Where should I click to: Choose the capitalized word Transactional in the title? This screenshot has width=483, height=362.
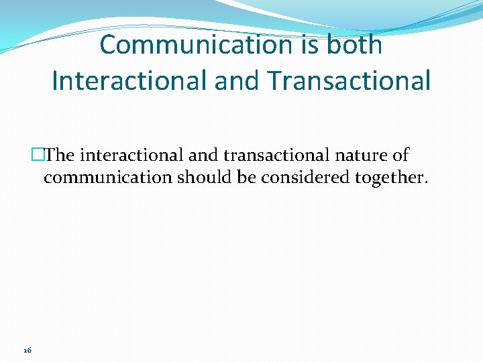[348, 80]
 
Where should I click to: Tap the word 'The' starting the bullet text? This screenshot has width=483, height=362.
[60, 156]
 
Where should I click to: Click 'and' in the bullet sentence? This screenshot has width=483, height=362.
[204, 156]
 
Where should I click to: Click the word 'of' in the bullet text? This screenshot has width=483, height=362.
[400, 156]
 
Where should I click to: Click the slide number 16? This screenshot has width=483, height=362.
[28, 350]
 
